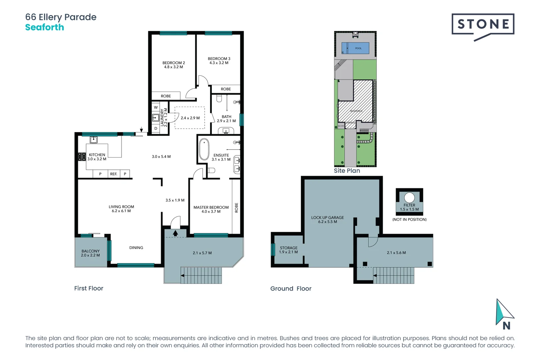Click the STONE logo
pyautogui.click(x=483, y=25)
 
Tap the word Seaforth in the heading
pyautogui.click(x=45, y=27)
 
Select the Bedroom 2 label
pyautogui.click(x=173, y=63)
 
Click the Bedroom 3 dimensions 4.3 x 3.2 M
pyautogui.click(x=219, y=63)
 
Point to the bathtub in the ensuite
pyautogui.click(x=204, y=149)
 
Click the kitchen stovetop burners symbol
pyautogui.click(x=82, y=157)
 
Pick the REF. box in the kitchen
pyautogui.click(x=114, y=174)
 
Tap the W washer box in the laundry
pyautogui.click(x=156, y=107)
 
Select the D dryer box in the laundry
pyautogui.click(x=156, y=128)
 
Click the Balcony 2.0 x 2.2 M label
pyautogui.click(x=90, y=253)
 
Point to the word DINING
pyautogui.click(x=136, y=248)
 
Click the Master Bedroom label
pyautogui.click(x=211, y=207)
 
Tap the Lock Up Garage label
pyautogui.click(x=327, y=218)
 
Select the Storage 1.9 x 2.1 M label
pyautogui.click(x=288, y=250)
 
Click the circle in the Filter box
pyautogui.click(x=409, y=197)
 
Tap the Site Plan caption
pyautogui.click(x=347, y=171)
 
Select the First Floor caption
pyautogui.click(x=89, y=288)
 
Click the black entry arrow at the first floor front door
pyautogui.click(x=175, y=233)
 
